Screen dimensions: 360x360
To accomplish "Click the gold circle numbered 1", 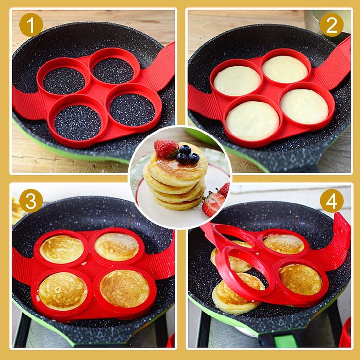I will click(30, 25).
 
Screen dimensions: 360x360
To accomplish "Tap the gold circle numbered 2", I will click(332, 25).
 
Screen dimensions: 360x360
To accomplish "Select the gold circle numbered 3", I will click(30, 201).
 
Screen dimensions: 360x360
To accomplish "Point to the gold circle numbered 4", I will click(332, 201).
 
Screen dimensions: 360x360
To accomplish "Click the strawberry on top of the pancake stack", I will click(166, 149).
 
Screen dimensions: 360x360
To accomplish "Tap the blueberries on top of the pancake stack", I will click(187, 154).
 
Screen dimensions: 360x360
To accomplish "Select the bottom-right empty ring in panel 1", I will click(132, 109).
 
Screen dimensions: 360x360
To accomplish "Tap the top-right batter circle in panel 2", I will click(284, 69).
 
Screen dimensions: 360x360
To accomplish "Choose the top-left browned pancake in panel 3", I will click(62, 249).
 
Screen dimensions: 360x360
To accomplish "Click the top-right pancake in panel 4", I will click(284, 244).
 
